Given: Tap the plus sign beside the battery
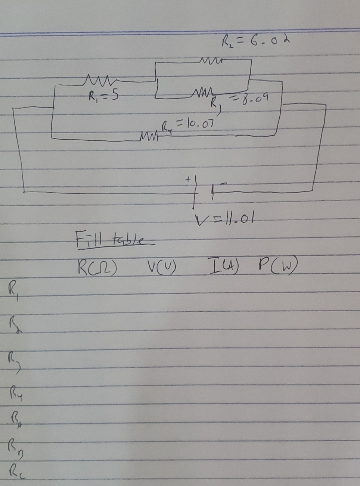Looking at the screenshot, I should coord(189,179).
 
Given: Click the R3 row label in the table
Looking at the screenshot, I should coord(14,360).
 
